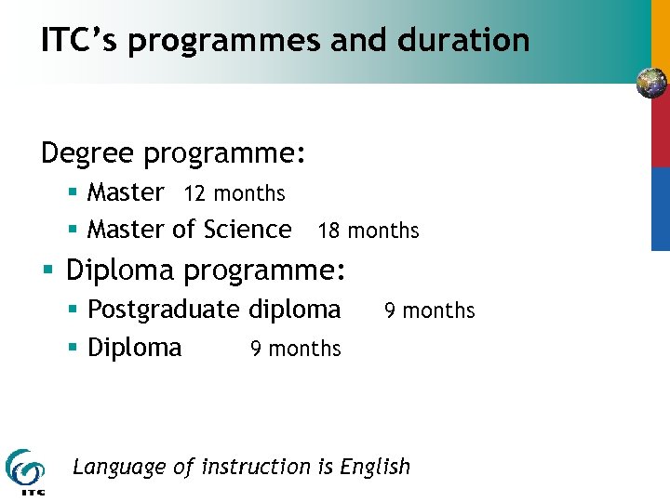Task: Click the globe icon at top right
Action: [x=651, y=84]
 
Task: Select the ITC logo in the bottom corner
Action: [x=24, y=470]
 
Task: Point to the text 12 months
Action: [x=234, y=193]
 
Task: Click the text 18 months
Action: [x=368, y=231]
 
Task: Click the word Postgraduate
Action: [x=164, y=310]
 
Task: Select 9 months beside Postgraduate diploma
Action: [x=430, y=310]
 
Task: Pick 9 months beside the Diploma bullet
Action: [x=296, y=349]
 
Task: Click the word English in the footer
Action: [x=375, y=467]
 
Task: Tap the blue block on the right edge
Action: [x=660, y=209]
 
